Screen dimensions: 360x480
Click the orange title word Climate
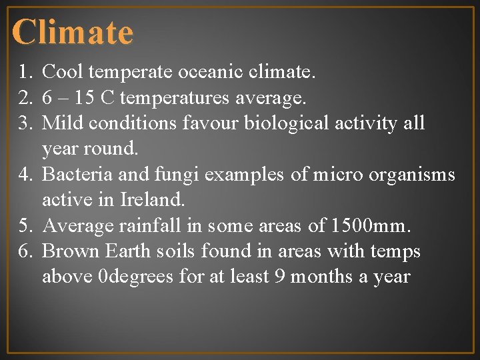pos(73,32)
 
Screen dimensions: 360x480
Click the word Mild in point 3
pos(61,123)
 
